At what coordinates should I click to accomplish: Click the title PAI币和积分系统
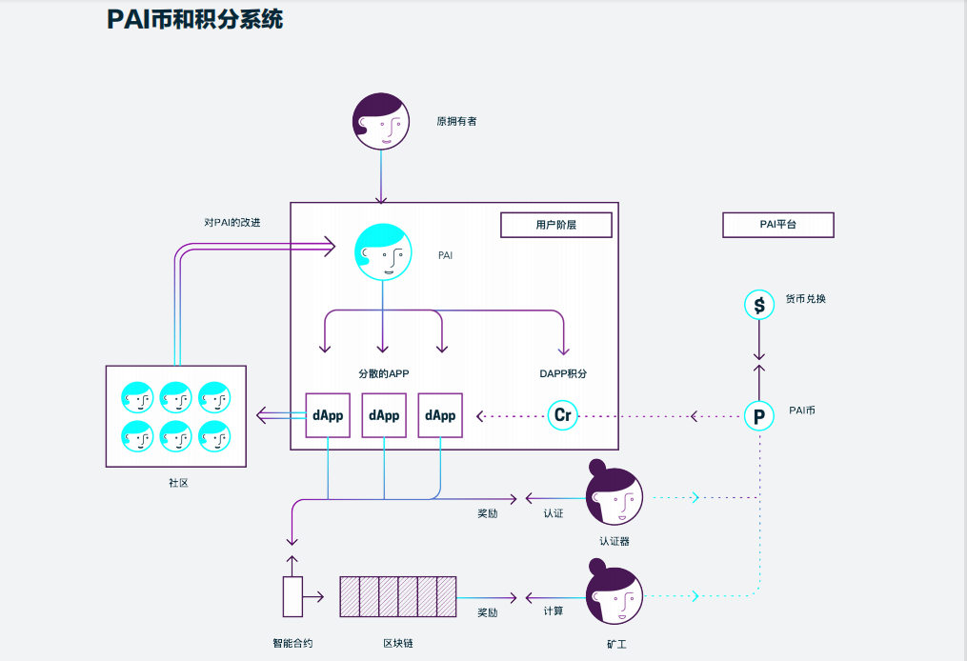(x=194, y=18)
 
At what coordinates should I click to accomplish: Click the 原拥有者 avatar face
(x=381, y=121)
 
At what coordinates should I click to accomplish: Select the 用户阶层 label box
(x=556, y=225)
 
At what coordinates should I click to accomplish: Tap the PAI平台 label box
(x=777, y=225)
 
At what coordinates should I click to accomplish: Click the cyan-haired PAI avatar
(x=383, y=252)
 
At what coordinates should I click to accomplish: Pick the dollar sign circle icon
(x=759, y=305)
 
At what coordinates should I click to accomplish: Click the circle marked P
(x=759, y=416)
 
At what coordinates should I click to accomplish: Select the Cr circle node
(x=563, y=416)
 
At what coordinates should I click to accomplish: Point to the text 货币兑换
(x=805, y=298)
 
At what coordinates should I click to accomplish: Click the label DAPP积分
(x=563, y=374)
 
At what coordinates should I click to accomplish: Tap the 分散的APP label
(x=383, y=374)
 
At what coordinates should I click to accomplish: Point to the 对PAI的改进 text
(x=232, y=223)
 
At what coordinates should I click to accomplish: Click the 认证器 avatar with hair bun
(x=614, y=495)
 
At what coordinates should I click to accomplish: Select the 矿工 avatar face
(x=614, y=595)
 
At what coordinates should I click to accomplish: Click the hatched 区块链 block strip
(x=398, y=597)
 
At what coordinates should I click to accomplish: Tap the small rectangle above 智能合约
(x=292, y=596)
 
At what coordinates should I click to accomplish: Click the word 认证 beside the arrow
(x=554, y=513)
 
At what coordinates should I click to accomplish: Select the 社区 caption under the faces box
(x=178, y=483)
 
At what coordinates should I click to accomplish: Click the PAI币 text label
(x=802, y=411)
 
